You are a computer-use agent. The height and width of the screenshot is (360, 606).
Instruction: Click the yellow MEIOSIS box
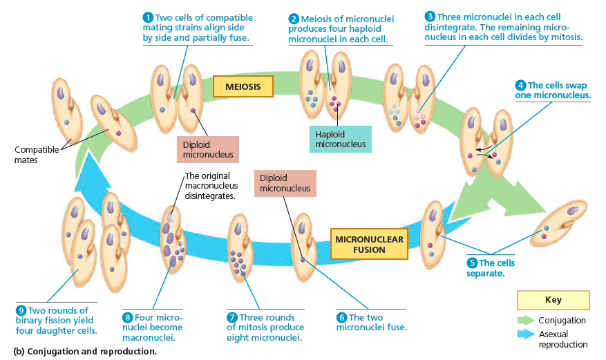coord(243,86)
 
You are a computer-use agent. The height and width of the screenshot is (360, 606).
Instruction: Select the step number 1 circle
coord(147,17)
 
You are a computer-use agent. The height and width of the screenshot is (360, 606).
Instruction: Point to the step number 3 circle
coord(430,16)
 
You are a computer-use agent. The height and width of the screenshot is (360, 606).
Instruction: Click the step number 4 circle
coord(521,85)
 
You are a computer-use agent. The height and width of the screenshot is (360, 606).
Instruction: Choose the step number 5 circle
coord(472,263)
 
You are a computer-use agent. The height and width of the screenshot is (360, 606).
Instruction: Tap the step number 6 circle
coord(341,317)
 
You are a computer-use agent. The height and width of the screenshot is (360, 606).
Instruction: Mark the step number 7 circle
coord(232,317)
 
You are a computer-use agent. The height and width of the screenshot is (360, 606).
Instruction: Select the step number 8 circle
coord(127,317)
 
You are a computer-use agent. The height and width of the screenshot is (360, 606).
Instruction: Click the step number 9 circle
coord(21,310)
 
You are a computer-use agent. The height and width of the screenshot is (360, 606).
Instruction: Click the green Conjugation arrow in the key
coord(526,320)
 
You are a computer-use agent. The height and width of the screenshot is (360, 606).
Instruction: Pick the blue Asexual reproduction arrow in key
coord(526,334)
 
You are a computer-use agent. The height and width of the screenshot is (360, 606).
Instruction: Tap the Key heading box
coord(553,300)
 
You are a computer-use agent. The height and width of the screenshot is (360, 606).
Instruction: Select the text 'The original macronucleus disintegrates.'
coord(211,186)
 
